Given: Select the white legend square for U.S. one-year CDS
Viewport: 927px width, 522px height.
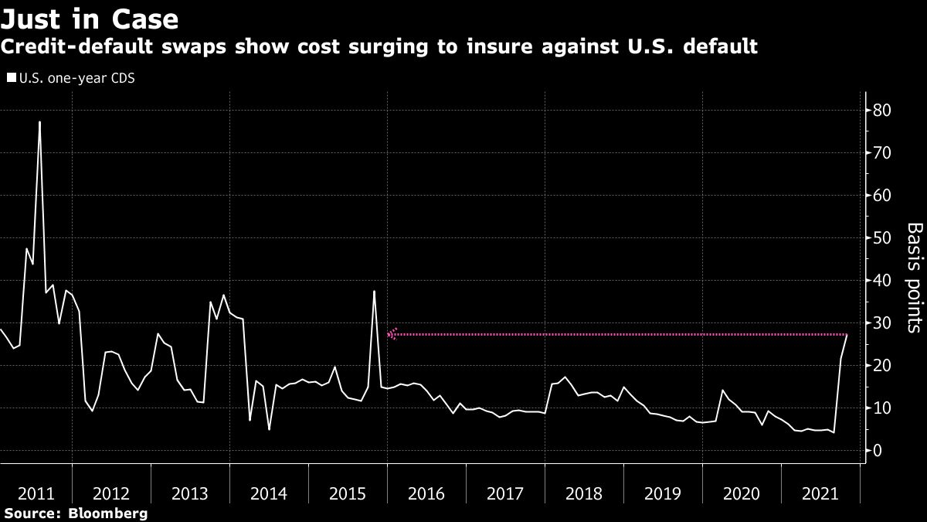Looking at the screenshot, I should click(x=11, y=78).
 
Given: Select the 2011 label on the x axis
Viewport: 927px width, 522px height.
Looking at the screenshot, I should click(x=36, y=493).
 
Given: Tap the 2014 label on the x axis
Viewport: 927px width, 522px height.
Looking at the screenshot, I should click(x=269, y=493).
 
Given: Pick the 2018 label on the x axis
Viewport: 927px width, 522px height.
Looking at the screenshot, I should click(x=583, y=493).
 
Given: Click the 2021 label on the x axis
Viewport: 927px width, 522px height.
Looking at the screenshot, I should click(x=820, y=493).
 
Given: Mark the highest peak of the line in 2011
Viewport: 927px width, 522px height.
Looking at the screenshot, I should click(x=39, y=122).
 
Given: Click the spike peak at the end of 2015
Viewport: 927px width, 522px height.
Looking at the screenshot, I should click(x=374, y=292).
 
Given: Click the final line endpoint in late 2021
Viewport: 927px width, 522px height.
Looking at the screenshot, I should click(x=847, y=335).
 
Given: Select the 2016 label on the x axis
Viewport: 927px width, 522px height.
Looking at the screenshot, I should click(x=426, y=493).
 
